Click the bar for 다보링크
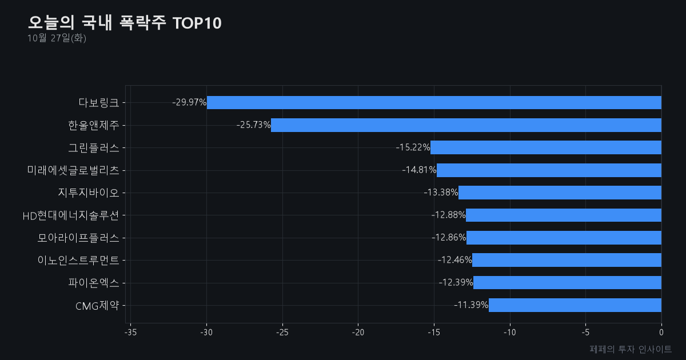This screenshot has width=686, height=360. coord(434,102)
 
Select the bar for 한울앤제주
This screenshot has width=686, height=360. coord(466,125)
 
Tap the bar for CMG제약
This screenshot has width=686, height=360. coord(575,305)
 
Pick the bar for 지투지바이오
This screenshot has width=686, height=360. coord(560,193)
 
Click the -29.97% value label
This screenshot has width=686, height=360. coord(189,102)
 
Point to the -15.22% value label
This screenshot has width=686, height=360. coord(413,147)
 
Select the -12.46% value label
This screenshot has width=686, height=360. coord(455,260)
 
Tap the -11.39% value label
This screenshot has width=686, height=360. coord(471,305)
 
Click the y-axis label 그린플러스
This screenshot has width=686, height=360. coord(93,148)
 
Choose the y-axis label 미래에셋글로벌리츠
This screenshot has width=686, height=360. coord(73,170)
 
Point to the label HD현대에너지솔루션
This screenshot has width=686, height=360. coord(71,215)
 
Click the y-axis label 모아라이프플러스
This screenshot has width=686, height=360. coord(78,238)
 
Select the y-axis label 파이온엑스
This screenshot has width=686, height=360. coord(93,283)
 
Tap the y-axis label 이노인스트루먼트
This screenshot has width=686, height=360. coord(78,260)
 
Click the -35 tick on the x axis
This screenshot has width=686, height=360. coord(130,333)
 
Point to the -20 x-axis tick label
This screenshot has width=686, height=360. coord(358,333)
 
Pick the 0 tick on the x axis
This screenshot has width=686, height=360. coord(661,333)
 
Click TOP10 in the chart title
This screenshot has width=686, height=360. coord(197,23)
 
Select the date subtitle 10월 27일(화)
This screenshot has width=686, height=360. coord(57,38)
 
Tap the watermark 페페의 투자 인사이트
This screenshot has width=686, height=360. coord(631,349)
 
